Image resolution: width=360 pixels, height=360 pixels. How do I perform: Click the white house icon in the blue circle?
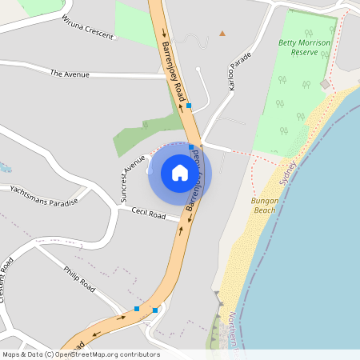[x=180, y=173]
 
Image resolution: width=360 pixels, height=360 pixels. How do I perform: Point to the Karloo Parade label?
[x=239, y=70]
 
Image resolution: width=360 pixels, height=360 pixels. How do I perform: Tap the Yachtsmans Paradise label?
[x=44, y=196]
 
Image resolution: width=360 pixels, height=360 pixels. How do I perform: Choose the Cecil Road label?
[x=148, y=214]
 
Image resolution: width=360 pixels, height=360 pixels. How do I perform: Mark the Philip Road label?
[x=79, y=277]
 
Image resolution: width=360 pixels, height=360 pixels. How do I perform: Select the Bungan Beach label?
[x=264, y=205]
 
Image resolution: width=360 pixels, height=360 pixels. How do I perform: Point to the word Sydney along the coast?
[x=288, y=173]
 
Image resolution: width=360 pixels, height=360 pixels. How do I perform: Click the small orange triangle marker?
[x=222, y=34]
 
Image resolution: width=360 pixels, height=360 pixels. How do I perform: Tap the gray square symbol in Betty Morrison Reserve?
[x=324, y=84]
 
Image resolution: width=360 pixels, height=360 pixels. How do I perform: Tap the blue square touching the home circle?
[x=190, y=147]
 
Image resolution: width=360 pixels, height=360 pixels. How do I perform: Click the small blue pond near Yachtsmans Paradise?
[x=4, y=168]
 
